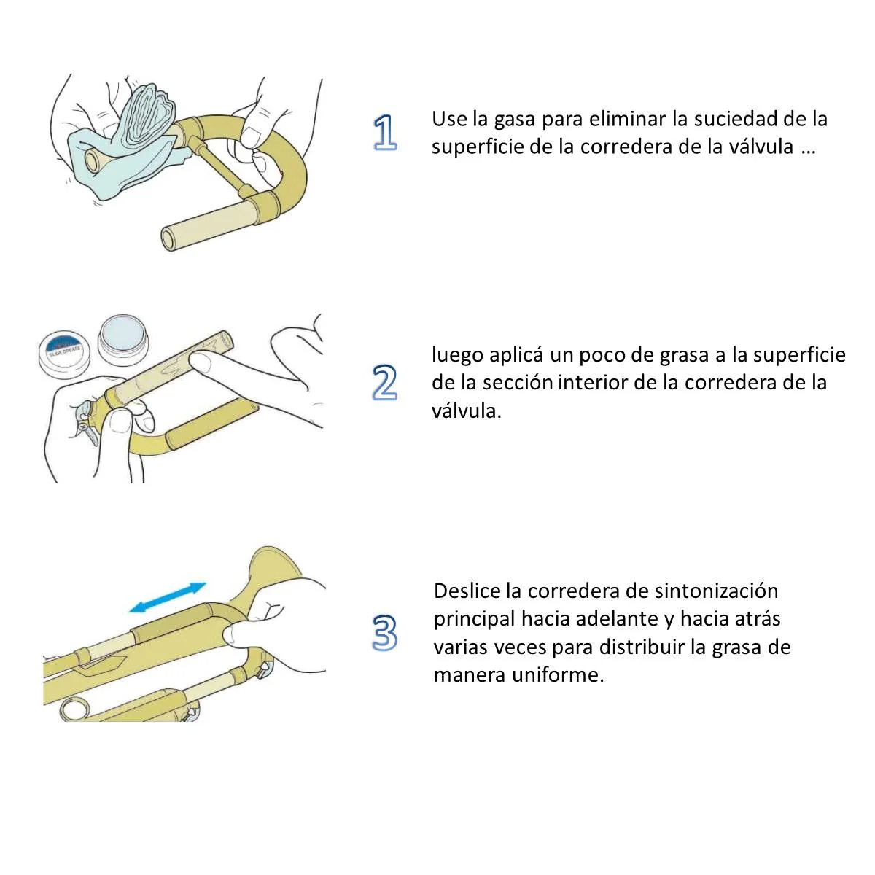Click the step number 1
[385, 132]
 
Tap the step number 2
[384, 382]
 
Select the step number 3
[385, 632]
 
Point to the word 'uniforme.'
[558, 674]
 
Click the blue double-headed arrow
[168, 598]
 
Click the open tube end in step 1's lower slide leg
[168, 238]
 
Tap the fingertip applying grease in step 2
[201, 362]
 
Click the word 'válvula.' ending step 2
[467, 411]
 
